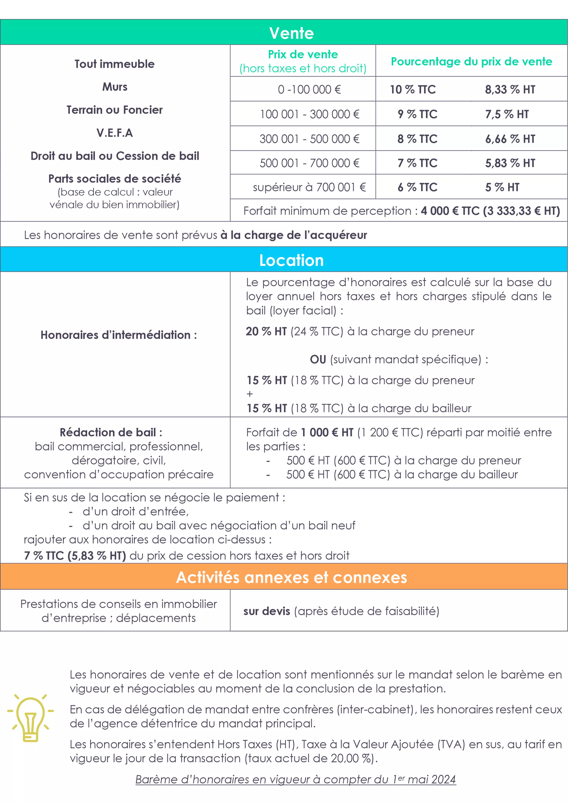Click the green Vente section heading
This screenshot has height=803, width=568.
pos(291,33)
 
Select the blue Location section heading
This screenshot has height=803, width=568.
pos(291,260)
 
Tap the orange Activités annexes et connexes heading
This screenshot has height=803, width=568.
pos(291,577)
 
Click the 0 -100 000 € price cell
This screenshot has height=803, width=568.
pos(309,90)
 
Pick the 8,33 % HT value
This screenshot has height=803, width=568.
pos(510,90)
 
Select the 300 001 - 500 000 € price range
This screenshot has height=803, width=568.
pos(309,139)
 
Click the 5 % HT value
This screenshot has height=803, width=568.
pos(502,187)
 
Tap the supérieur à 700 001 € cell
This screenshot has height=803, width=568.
pos(309,187)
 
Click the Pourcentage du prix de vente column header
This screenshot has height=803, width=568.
pos(471,62)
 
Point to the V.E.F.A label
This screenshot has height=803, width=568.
pos(115,133)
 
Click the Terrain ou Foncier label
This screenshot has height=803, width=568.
pos(115,110)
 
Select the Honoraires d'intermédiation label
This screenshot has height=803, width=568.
pos(119,335)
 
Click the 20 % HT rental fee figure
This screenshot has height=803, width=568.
pos(266,331)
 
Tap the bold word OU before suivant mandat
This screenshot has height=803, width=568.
pos(318,359)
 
